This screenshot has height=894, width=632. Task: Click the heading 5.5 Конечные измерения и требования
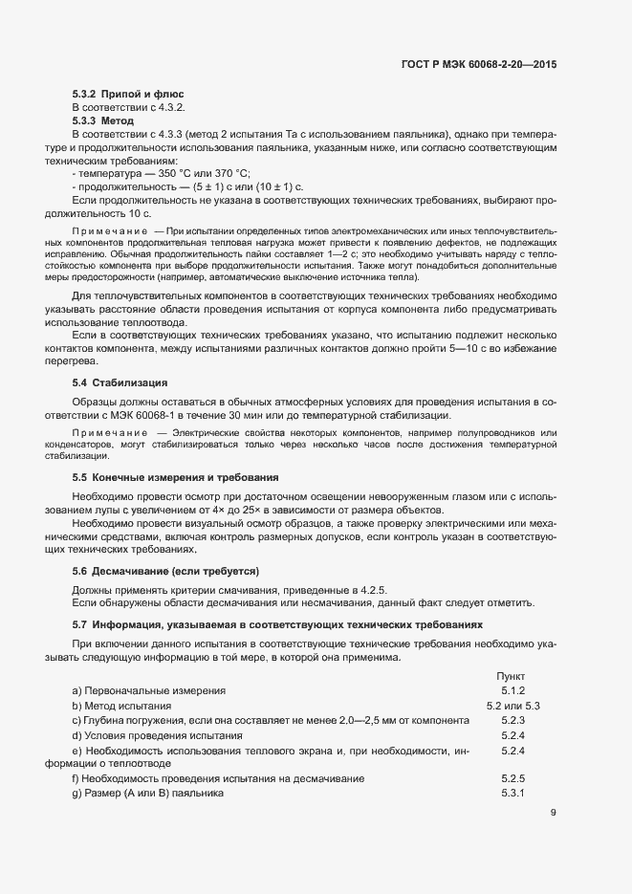click(176, 477)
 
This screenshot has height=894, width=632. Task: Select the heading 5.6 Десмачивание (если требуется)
click(165, 571)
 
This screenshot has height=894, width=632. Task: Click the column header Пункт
click(511, 675)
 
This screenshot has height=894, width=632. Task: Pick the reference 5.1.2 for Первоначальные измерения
click(514, 689)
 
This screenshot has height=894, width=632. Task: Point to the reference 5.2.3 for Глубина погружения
click(514, 720)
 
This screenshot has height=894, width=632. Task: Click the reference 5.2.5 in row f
click(514, 779)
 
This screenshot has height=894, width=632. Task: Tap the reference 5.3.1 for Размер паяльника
click(514, 795)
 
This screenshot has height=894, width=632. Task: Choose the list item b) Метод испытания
click(121, 705)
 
